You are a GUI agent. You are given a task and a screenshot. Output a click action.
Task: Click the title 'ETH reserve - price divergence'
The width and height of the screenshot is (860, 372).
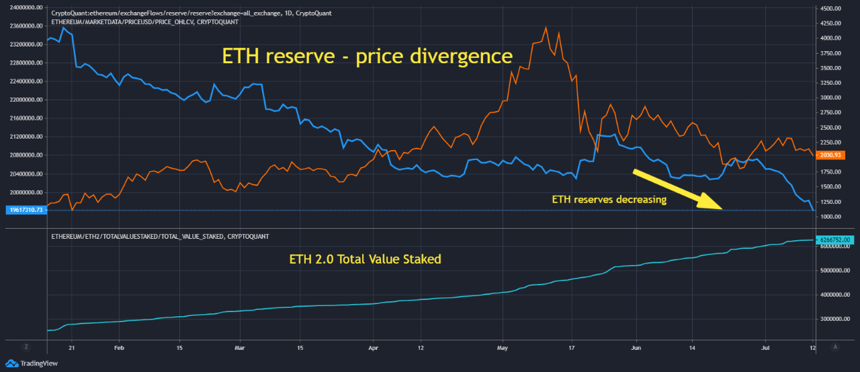coord(367,56)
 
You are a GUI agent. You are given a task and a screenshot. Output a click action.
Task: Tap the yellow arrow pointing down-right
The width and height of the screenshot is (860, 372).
coord(678,189)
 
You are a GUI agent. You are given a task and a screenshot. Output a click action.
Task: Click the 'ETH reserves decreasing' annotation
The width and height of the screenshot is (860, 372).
coord(609,199)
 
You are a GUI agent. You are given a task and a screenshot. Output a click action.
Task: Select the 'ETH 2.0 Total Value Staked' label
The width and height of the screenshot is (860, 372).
coord(365,259)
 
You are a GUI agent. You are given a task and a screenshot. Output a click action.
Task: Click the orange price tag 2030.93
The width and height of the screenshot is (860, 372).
coord(836,155)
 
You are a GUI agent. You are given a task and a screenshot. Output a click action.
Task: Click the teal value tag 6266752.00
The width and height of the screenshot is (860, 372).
coord(836,239)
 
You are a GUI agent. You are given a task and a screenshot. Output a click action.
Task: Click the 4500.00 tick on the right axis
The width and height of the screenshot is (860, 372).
coord(833,9)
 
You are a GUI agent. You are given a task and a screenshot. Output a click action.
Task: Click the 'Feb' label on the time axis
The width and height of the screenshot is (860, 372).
coord(120,348)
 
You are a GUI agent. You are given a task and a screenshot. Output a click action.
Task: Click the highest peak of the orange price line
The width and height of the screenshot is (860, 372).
coord(546,28)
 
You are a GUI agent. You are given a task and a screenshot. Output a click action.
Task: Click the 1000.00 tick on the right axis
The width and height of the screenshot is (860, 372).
coord(833,217)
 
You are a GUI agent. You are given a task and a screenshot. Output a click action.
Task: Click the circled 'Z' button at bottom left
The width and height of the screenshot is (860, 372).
coord(26,347)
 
